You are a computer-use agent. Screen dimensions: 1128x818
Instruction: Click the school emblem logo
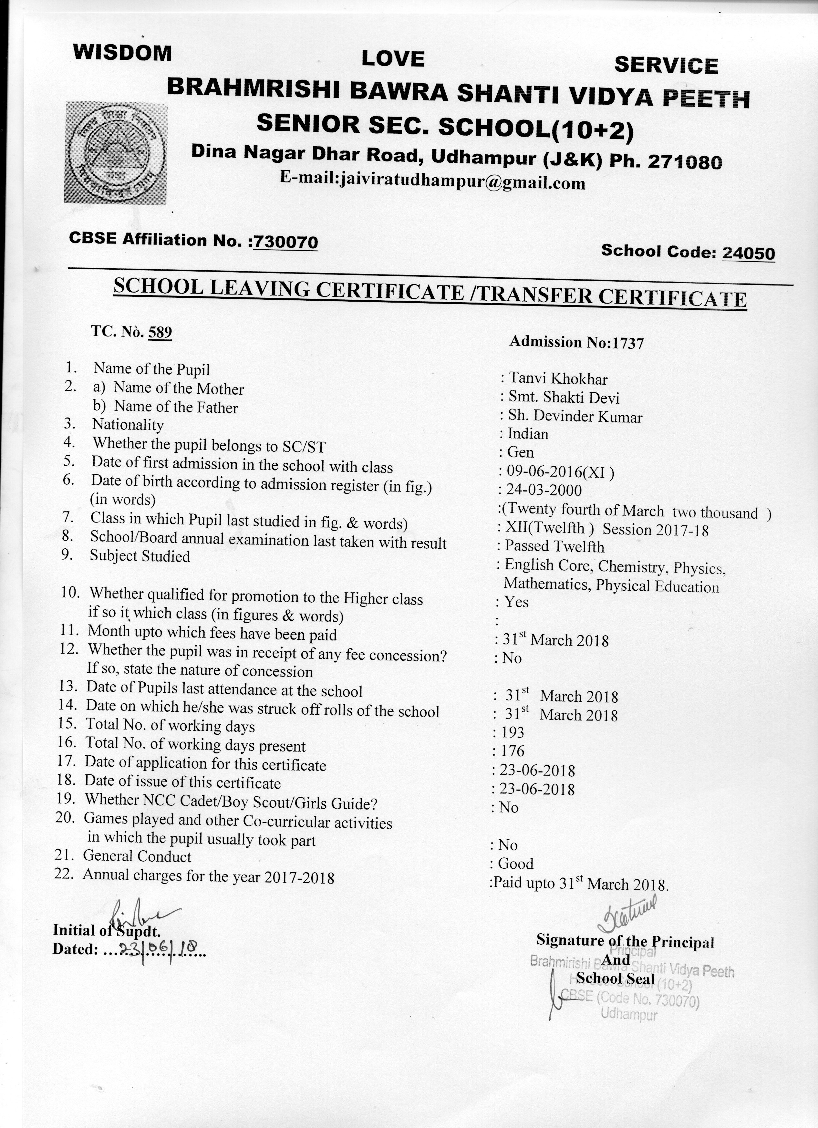click(x=115, y=152)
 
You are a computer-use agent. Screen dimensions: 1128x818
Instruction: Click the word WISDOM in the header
click(x=122, y=53)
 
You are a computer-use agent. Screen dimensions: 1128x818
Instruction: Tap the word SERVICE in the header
click(x=666, y=66)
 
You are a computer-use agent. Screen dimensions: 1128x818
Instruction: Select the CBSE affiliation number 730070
click(x=285, y=242)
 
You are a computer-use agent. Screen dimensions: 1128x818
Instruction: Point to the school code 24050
click(x=748, y=253)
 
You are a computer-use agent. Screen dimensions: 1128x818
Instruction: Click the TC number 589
click(x=160, y=332)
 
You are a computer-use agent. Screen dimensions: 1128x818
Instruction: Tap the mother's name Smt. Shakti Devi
click(x=564, y=398)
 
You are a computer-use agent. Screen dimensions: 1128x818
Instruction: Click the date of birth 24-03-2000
click(x=544, y=491)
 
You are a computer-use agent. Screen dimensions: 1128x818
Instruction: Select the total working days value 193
click(x=513, y=732)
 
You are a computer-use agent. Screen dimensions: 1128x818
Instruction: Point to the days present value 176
click(x=513, y=751)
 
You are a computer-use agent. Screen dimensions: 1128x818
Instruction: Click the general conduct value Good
click(x=516, y=864)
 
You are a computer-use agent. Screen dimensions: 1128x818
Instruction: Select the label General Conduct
click(x=137, y=856)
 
